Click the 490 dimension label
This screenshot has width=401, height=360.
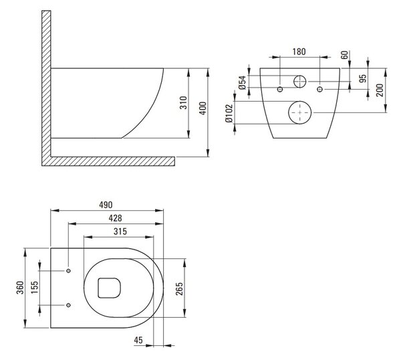[106, 205]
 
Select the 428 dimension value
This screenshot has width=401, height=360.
[116, 218]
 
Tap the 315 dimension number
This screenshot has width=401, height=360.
[120, 232]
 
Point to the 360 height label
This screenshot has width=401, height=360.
[20, 288]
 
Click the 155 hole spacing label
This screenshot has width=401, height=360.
[35, 288]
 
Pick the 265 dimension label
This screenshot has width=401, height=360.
[180, 289]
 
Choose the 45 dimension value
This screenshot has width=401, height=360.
[138, 340]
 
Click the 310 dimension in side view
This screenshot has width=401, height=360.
[183, 102]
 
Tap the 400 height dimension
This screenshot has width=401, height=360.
[203, 108]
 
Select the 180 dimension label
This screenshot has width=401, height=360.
[299, 52]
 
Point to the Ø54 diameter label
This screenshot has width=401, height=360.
[243, 82]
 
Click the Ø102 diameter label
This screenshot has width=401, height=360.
[229, 113]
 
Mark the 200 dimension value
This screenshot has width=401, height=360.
[380, 90]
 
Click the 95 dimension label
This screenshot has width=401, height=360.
[363, 78]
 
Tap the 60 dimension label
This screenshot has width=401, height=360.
[345, 55]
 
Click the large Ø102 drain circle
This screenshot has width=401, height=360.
[300, 112]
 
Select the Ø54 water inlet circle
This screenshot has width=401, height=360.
[299, 82]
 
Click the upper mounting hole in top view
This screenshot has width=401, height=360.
[68, 270]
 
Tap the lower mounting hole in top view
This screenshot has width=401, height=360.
[68, 305]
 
